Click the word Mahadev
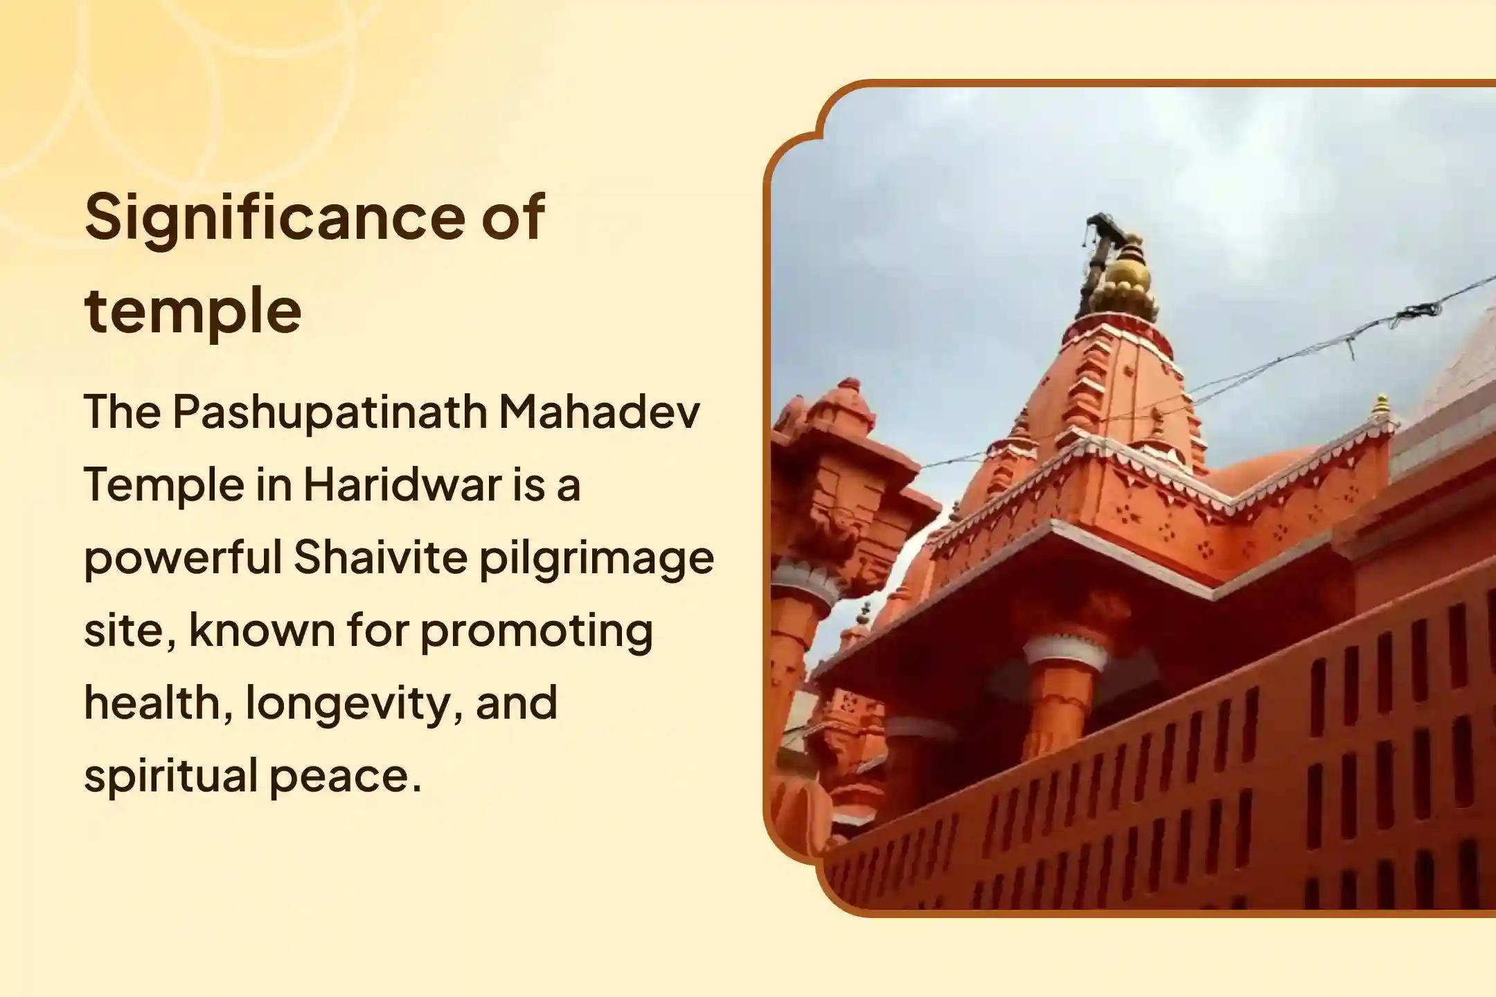point(599,411)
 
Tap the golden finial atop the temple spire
point(1123,276)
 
